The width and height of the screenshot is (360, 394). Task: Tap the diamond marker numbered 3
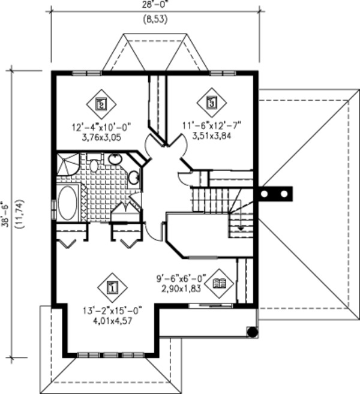click(x=211, y=102)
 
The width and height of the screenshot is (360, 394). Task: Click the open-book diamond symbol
click(x=220, y=283)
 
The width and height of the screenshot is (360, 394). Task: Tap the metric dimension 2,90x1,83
click(x=180, y=288)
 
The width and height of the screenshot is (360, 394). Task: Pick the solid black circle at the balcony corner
click(x=253, y=331)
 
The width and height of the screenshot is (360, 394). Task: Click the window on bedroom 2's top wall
click(x=86, y=73)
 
